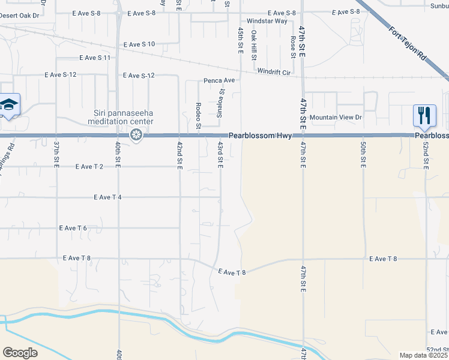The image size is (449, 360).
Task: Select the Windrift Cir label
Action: click(274, 72)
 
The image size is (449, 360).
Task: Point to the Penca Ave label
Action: click(219, 80)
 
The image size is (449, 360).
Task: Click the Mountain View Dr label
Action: click(336, 118)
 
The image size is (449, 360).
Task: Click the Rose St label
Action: click(293, 47)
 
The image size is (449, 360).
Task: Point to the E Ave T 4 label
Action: click(107, 197)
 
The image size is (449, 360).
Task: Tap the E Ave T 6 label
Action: click(73, 228)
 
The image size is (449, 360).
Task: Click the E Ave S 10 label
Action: click(139, 44)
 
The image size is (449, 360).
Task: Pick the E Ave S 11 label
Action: click(95, 58)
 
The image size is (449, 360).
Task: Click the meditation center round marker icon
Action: click(137, 135)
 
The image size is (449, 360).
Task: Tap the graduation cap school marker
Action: click(9, 106)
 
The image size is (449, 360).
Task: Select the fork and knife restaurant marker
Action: click(424, 115)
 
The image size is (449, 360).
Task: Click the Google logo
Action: click(20, 353)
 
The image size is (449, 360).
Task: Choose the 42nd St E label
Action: click(179, 155)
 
